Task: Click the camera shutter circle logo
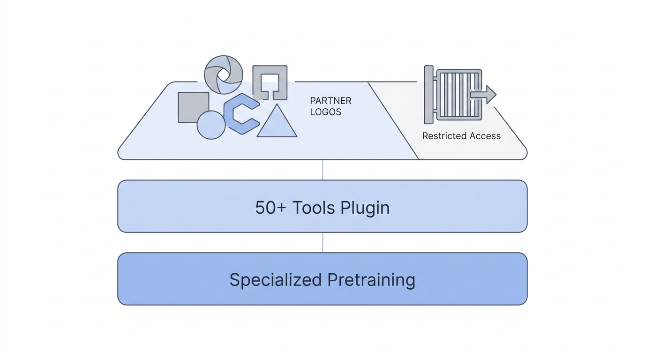[x=224, y=75]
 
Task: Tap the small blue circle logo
[x=211, y=125]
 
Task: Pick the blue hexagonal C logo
[x=240, y=114]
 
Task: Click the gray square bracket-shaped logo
[x=270, y=82]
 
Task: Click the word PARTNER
[x=330, y=101]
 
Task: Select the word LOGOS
[x=325, y=112]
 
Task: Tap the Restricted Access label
[x=461, y=136]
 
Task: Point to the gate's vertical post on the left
[x=428, y=95]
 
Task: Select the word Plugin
[x=365, y=207]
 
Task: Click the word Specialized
[x=275, y=279]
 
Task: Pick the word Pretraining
[x=371, y=279]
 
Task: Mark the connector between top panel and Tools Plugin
[x=322, y=170]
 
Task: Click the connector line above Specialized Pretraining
[x=322, y=242]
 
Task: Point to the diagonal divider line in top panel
[x=393, y=120]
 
